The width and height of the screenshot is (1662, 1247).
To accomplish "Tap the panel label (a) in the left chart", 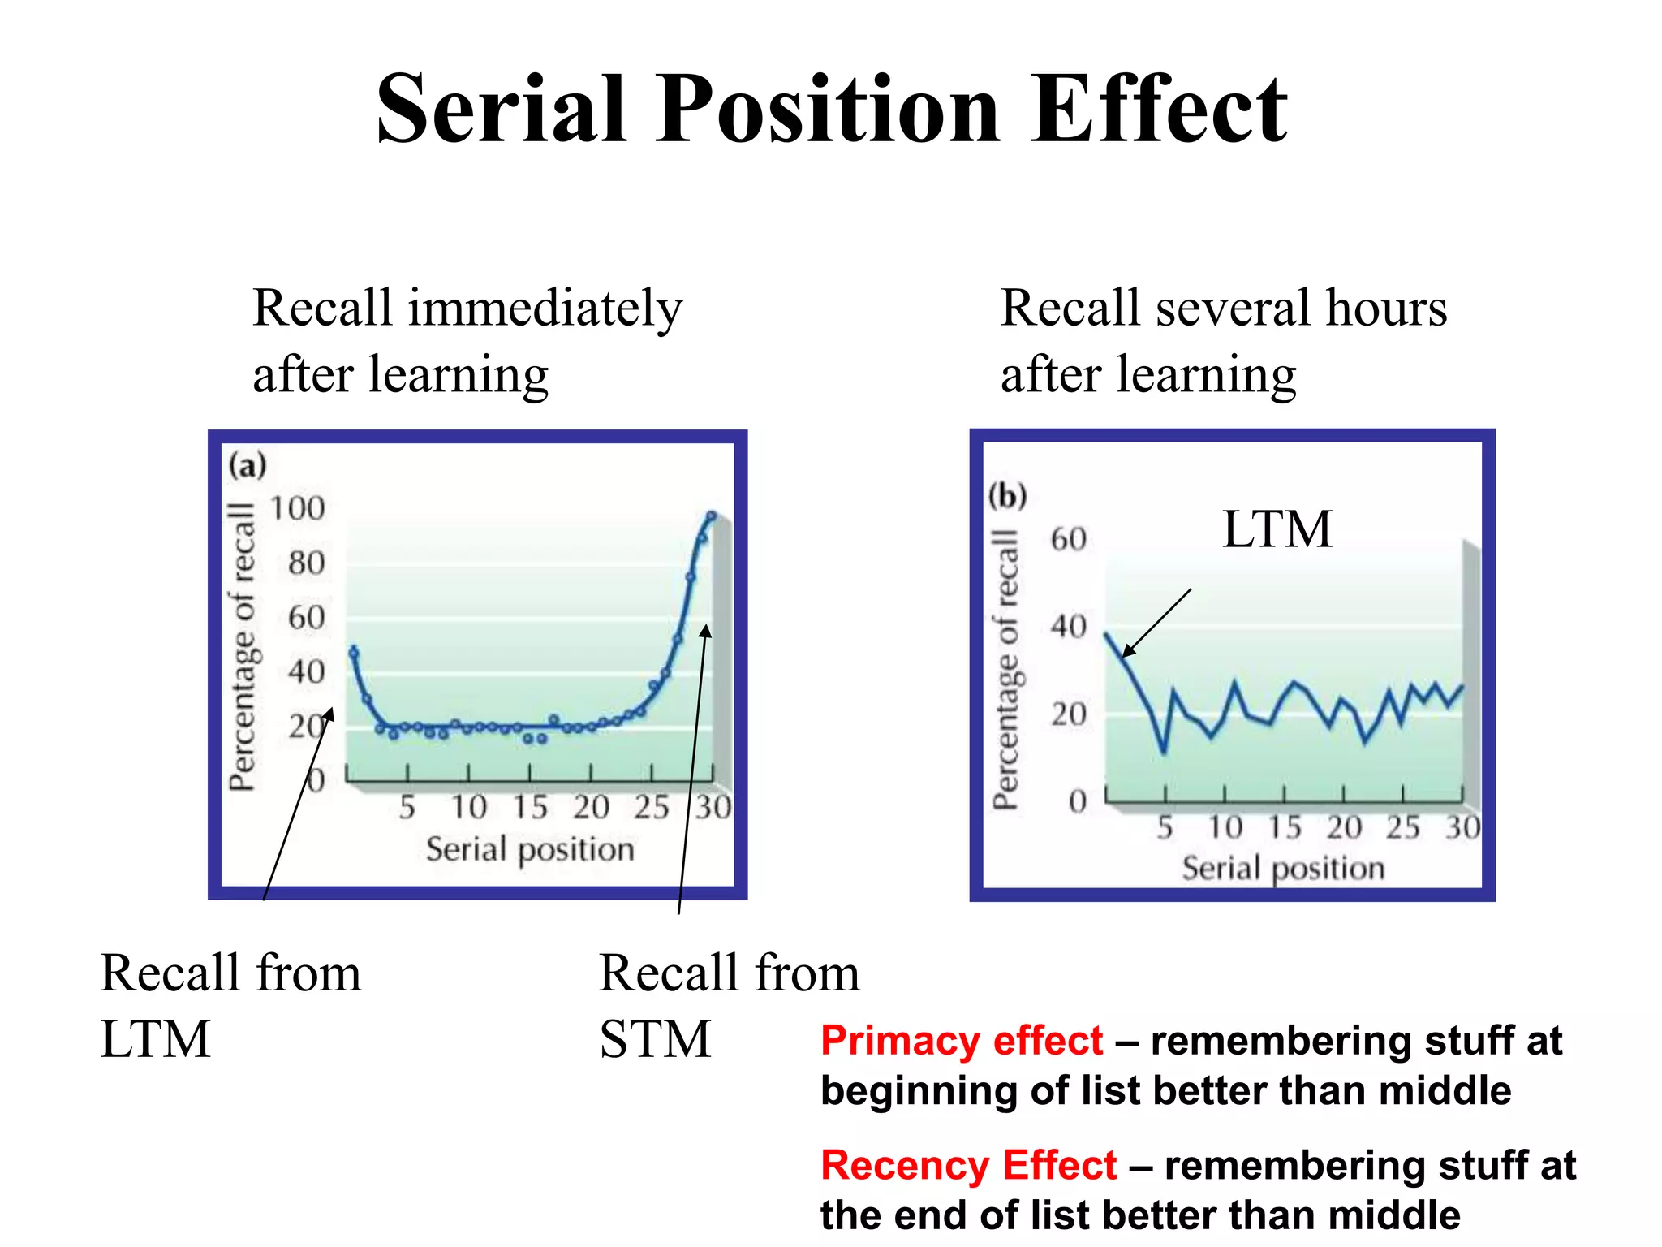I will [248, 466].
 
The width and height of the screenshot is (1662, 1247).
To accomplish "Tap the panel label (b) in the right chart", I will [1007, 495].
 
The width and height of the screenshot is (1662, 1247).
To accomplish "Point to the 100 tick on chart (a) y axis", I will [297, 509].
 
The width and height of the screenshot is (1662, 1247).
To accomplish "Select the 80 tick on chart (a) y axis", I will [306, 563].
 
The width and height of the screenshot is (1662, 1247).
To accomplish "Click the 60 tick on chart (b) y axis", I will [1068, 539].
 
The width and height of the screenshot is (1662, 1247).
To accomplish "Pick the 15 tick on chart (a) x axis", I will [530, 807].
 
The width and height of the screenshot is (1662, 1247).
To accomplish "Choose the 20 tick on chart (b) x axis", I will [1344, 827].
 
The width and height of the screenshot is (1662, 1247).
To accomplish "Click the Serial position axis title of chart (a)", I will [530, 849].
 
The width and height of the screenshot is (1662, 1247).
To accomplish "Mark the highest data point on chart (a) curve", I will [712, 516].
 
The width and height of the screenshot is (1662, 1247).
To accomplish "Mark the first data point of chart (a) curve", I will [353, 651].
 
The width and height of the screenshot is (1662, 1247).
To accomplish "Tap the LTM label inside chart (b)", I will [1277, 529].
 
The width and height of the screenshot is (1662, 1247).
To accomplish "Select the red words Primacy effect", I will [962, 1041].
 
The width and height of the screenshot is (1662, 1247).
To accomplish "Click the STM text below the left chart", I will [654, 1039].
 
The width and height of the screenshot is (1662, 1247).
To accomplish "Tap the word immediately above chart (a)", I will [545, 309].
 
